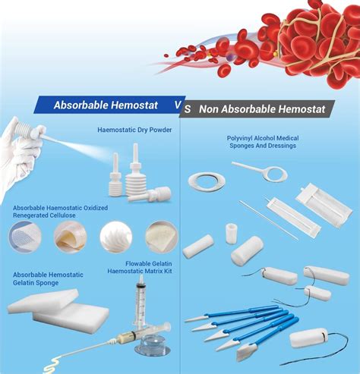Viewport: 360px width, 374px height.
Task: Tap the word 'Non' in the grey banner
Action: (x=210, y=109)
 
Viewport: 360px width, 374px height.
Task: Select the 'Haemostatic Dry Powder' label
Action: (x=134, y=130)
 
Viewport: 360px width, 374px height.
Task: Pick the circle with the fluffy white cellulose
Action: (x=115, y=236)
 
